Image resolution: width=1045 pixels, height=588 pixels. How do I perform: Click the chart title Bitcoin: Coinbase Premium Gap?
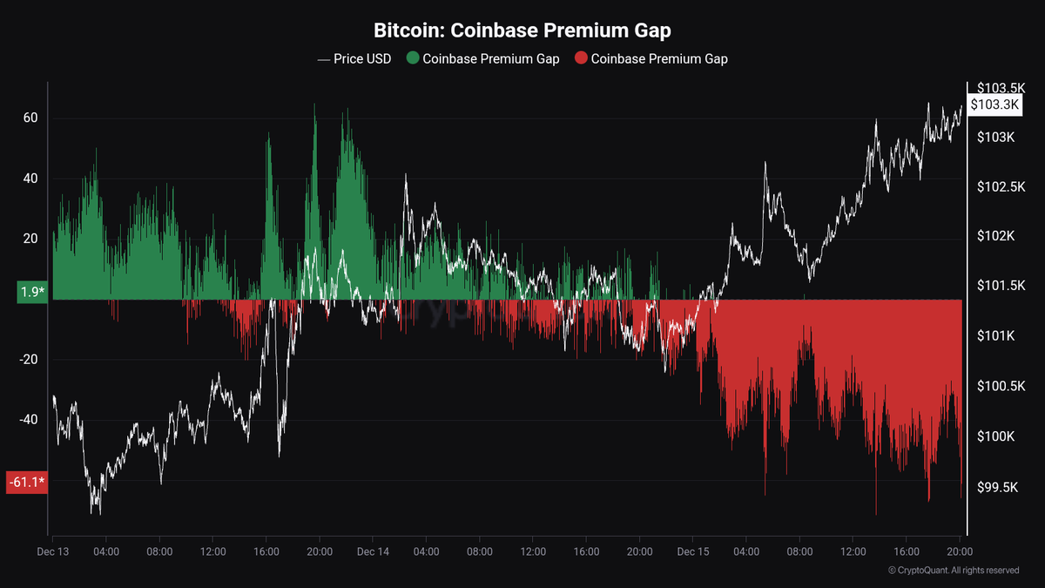522,30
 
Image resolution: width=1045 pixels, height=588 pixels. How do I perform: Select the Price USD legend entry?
354,59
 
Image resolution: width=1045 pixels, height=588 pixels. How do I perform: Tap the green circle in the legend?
413,59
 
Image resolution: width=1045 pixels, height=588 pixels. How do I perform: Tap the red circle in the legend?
581,59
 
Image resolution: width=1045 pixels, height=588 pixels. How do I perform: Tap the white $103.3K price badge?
994,105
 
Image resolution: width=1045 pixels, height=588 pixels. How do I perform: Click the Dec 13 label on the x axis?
53,551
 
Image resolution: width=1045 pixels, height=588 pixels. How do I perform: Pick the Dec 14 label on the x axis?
373,551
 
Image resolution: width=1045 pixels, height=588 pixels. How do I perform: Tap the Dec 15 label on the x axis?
693,551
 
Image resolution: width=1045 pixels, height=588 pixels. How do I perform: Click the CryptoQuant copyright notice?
954,571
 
